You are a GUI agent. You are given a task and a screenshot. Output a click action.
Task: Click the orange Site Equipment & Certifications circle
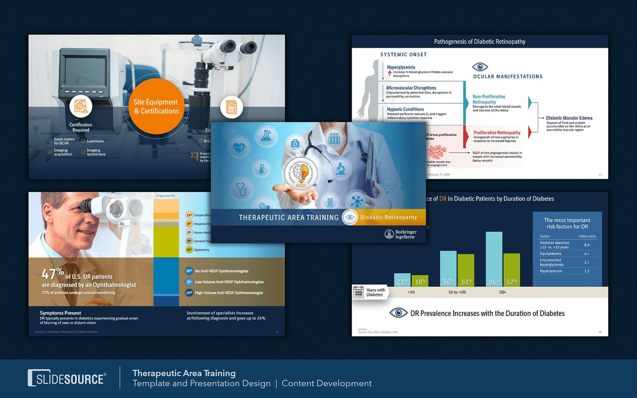tap(156, 107)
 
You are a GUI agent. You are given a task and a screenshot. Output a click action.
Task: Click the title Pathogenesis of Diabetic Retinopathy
tap(480, 41)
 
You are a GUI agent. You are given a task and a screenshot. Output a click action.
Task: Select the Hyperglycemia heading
tap(401, 67)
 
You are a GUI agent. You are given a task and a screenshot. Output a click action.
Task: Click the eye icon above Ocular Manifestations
tap(480, 67)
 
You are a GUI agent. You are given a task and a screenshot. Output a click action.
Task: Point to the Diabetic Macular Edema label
tap(569, 118)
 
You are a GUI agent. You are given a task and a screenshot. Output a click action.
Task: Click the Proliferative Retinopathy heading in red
tap(497, 132)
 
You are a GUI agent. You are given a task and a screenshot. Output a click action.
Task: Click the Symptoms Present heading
tap(61, 313)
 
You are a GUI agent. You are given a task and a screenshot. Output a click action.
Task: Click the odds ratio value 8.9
tap(586, 245)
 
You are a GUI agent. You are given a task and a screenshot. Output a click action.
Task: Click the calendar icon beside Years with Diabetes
tap(359, 293)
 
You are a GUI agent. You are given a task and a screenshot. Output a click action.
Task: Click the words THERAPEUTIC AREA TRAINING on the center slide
tap(288, 217)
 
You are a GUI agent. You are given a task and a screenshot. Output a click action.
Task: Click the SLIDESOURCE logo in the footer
tap(67, 378)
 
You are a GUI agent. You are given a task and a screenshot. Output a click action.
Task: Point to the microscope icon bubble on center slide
tap(340, 171)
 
